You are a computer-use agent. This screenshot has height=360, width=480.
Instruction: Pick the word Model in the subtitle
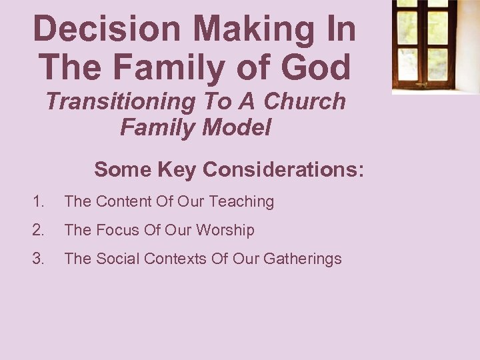point(239,127)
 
